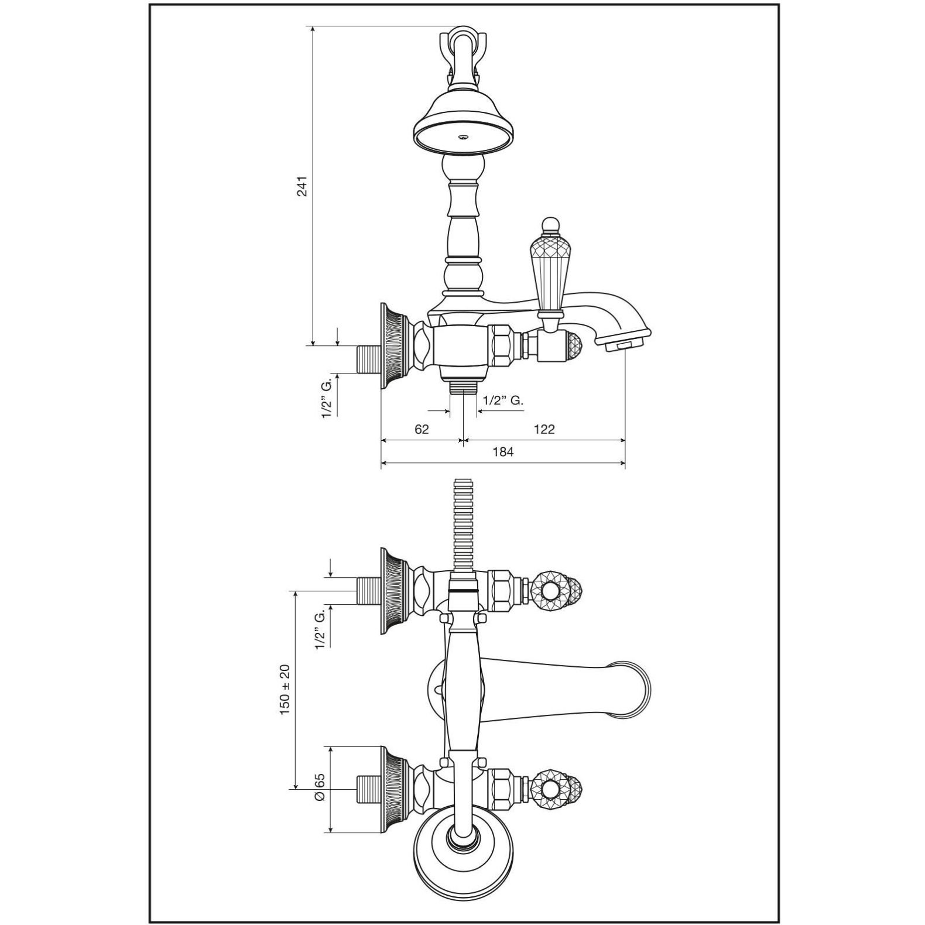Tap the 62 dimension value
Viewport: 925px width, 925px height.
tap(422, 429)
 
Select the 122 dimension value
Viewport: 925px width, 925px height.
tap(544, 429)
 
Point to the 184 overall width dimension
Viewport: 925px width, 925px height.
tap(503, 452)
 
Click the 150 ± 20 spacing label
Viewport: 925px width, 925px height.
tap(285, 689)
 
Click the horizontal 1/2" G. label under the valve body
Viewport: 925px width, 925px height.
tap(503, 400)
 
